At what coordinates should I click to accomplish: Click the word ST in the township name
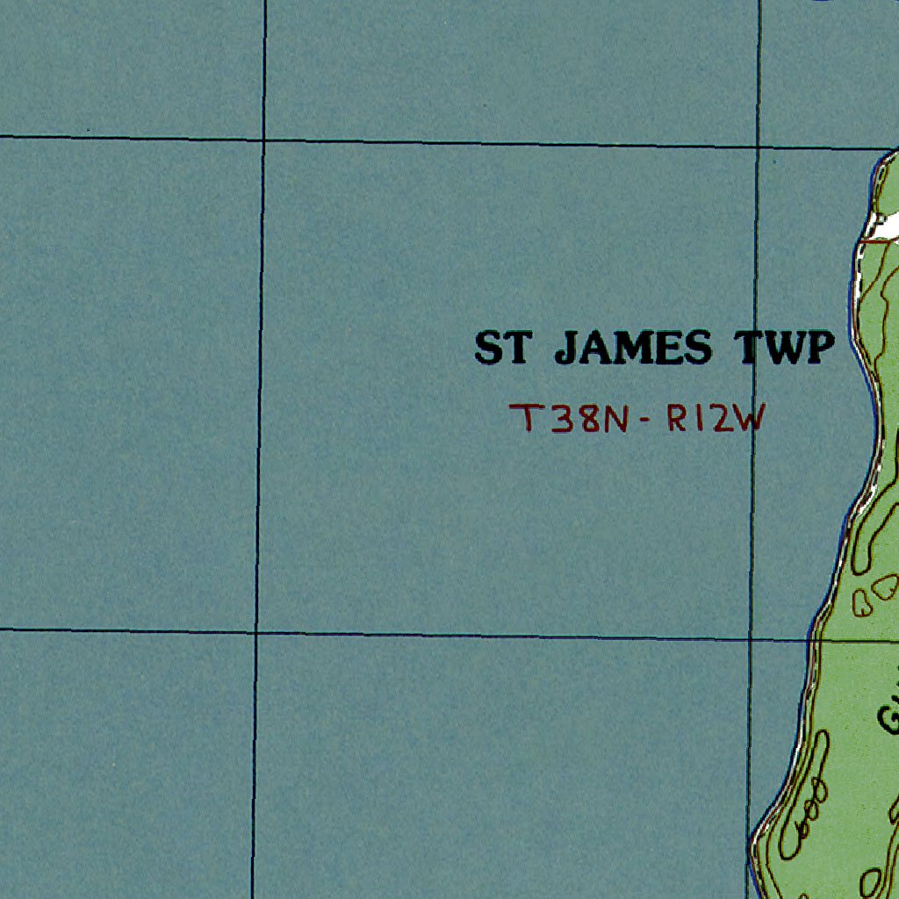[503, 349]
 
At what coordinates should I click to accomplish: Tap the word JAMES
[633, 349]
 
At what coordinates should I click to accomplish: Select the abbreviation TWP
[784, 349]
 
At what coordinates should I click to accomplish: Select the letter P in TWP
[818, 349]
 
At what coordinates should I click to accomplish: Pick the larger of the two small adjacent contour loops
[883, 586]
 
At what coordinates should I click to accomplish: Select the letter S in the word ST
[489, 349]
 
